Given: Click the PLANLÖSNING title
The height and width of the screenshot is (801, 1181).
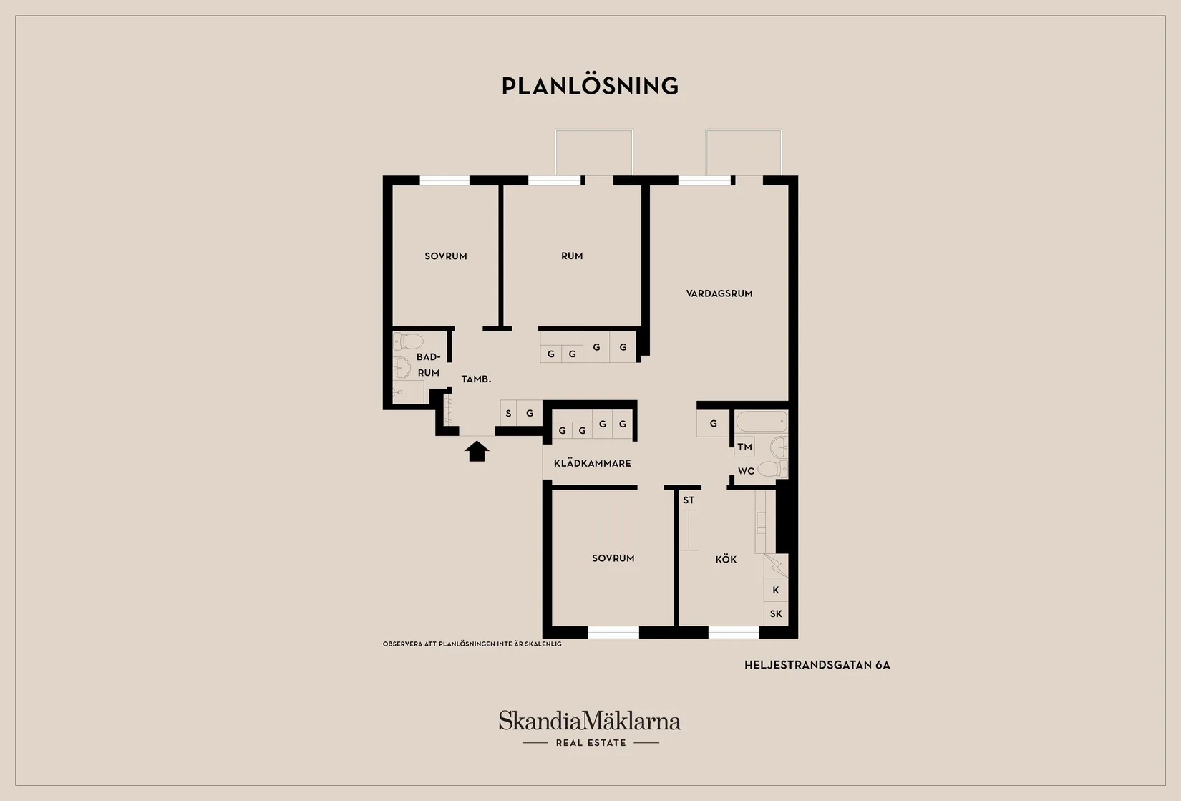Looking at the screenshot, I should [590, 86].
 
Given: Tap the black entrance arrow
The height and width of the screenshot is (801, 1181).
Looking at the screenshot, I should [477, 451].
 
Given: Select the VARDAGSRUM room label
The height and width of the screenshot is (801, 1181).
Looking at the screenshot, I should [719, 293].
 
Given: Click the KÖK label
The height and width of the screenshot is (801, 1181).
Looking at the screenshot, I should [726, 560].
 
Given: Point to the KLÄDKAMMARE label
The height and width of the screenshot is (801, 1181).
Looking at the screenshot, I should [592, 463].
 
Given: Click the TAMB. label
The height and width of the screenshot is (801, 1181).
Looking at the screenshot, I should [476, 379].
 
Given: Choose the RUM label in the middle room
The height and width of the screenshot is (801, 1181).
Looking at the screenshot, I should [571, 256].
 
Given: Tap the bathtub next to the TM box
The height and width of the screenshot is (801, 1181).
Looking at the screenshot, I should [761, 422].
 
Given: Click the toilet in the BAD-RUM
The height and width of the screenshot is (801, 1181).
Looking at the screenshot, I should [411, 341].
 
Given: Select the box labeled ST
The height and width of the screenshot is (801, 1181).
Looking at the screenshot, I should [689, 500].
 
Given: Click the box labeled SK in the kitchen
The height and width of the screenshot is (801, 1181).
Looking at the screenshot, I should [776, 613].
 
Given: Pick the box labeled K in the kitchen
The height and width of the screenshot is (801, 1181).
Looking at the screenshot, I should [776, 590].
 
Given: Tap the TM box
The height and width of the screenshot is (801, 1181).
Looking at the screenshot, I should [744, 447].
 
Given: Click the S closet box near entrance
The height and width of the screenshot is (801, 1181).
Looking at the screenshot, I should [508, 413].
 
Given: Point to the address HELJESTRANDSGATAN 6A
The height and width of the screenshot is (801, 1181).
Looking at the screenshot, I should [817, 665].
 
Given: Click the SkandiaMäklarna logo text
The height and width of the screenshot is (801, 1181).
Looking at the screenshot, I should [590, 720].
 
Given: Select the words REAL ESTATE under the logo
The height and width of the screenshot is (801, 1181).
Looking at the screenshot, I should [590, 743].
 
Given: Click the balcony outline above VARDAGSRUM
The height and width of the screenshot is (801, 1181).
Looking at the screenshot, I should [743, 152].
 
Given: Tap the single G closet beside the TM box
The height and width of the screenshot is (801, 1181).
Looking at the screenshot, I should [713, 424].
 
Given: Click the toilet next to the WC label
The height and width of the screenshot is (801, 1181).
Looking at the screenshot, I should [769, 470].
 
